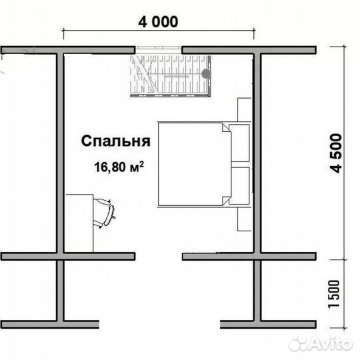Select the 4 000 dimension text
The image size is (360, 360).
click(158, 22)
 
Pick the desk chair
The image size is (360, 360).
click(106, 212)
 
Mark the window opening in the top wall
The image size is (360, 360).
click(159, 50)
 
